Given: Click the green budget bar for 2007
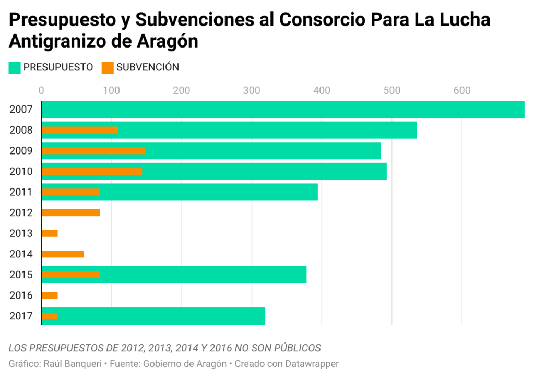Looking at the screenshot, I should (282, 110).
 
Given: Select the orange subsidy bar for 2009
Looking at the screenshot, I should (93, 151).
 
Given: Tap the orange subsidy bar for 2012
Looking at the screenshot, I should (70, 212).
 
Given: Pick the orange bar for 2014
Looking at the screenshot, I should (62, 254).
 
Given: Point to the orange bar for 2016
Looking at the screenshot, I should (50, 295).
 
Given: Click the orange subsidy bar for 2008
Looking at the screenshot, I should (79, 130).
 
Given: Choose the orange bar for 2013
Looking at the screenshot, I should (50, 233).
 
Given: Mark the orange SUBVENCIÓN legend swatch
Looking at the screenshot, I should (108, 68).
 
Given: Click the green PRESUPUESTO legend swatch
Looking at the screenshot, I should (15, 68).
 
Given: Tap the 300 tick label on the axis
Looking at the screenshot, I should (252, 91).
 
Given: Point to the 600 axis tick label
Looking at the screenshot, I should (462, 91).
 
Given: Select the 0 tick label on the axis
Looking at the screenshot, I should (41, 91).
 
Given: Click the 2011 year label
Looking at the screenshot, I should (21, 192).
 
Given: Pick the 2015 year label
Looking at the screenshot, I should (21, 275).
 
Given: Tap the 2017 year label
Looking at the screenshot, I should (21, 316).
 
